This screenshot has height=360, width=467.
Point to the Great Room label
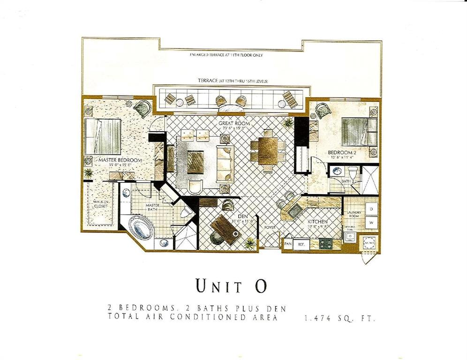233,123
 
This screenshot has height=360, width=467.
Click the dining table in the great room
268,150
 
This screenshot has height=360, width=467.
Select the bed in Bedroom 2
358,131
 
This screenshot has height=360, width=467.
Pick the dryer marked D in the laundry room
371,208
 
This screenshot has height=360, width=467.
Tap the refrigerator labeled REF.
301,245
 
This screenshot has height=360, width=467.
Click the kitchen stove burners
325,244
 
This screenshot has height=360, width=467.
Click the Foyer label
269,228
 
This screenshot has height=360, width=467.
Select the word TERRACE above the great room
208,81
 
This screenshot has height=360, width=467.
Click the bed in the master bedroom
104,135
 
